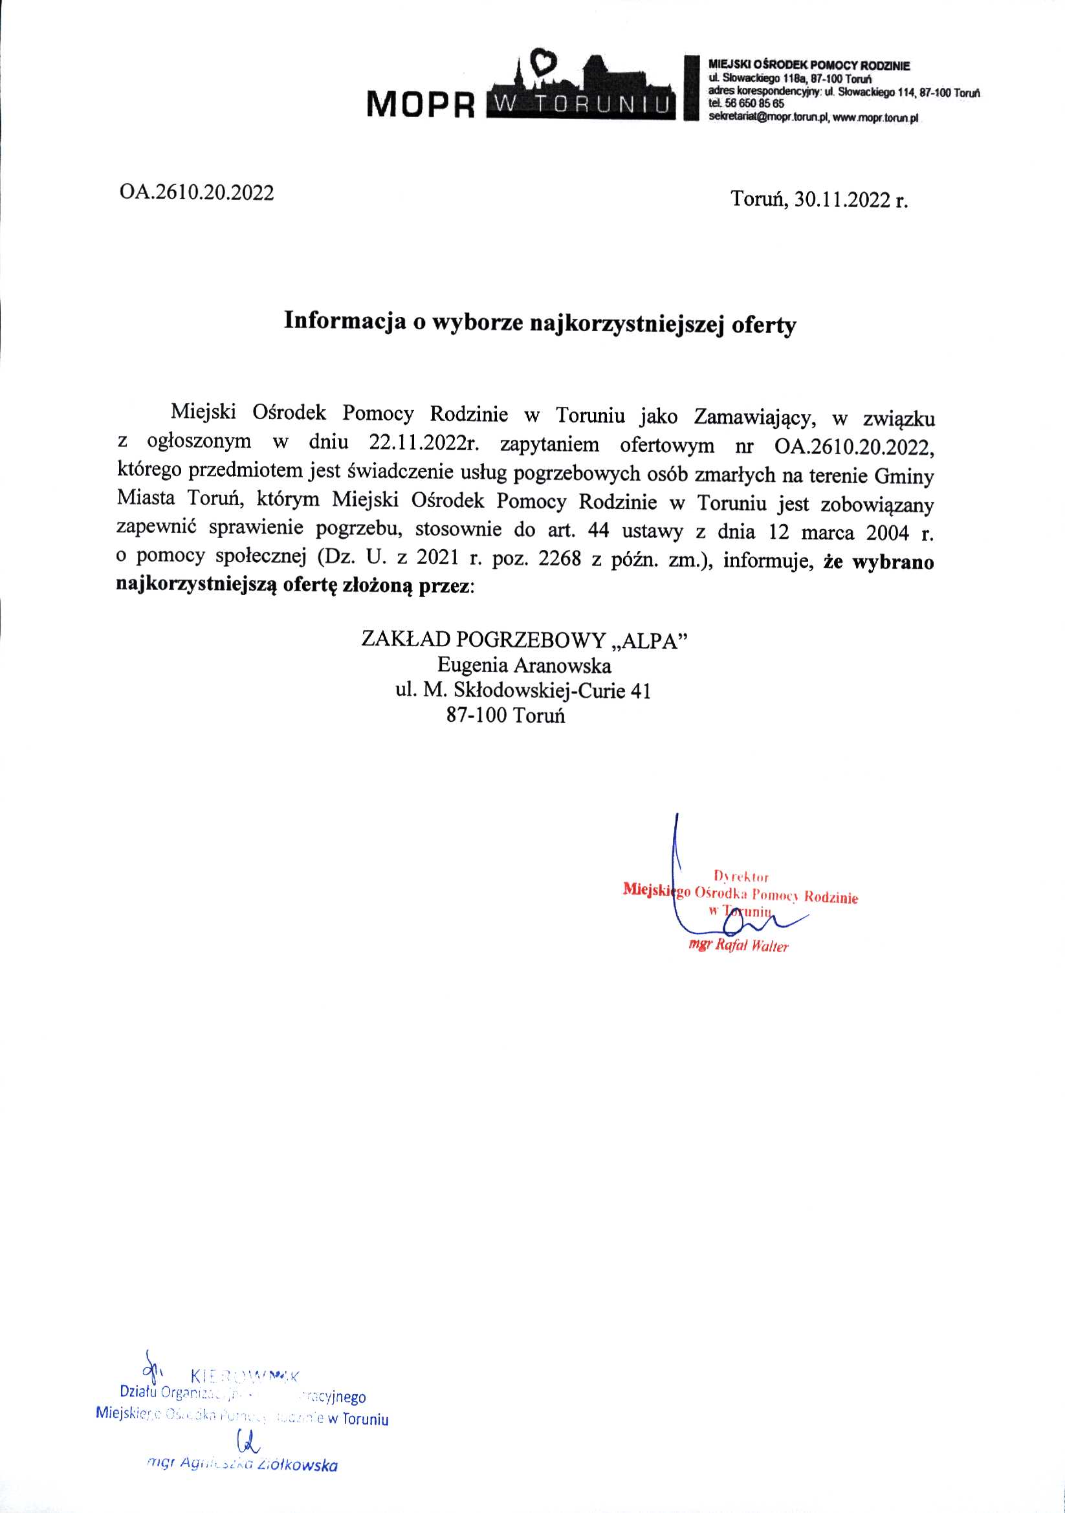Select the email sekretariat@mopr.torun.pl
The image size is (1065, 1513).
(762, 116)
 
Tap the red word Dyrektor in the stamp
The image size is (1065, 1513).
(741, 876)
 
